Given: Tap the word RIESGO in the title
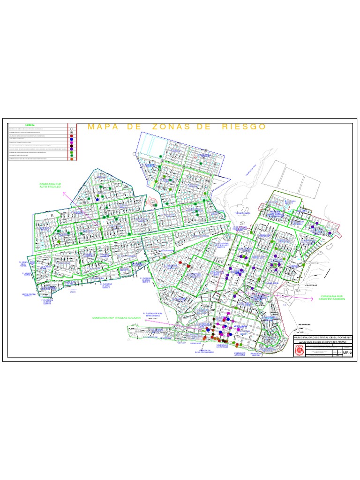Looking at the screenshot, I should [x=243, y=127].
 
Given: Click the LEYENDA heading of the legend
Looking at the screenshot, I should [x=30, y=125].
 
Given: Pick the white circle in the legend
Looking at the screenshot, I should [x=71, y=129].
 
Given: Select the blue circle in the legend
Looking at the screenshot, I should [x=71, y=139].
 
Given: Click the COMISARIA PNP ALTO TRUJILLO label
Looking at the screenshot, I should [x=51, y=186].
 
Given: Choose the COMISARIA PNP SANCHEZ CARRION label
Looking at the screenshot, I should [x=332, y=298].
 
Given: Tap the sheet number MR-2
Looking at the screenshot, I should [x=347, y=352].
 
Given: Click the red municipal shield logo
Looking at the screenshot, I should [x=299, y=352].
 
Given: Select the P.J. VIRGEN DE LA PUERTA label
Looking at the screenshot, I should [x=23, y=264].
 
